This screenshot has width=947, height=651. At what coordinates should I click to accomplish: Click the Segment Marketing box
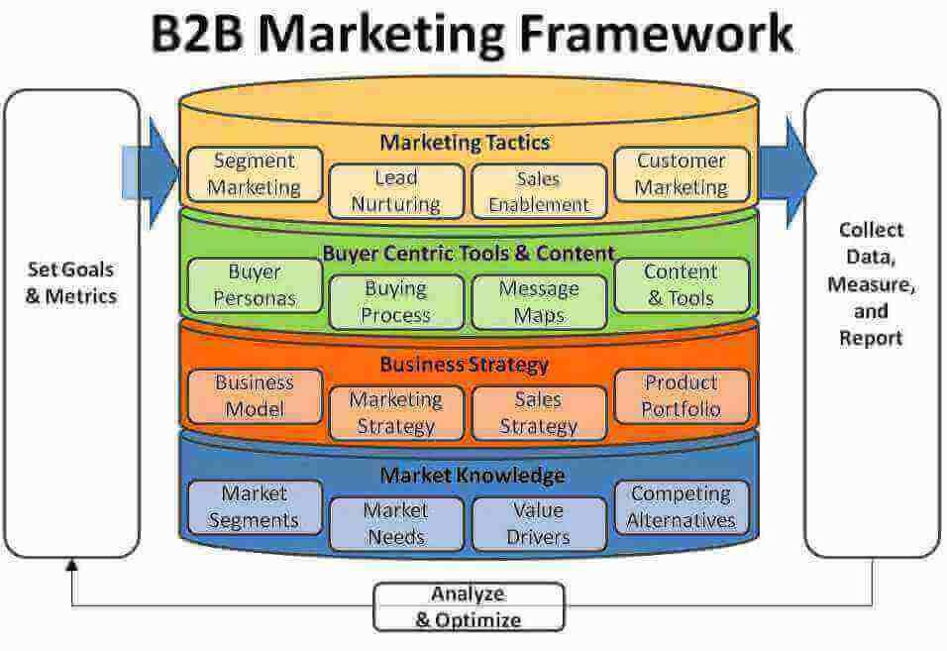click(255, 173)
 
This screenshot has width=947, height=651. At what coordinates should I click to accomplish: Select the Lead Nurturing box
click(395, 191)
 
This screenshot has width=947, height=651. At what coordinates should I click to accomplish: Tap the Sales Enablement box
click(538, 191)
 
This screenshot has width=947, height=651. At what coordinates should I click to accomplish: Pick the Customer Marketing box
click(681, 173)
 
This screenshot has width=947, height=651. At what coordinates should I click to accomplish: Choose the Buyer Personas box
click(255, 284)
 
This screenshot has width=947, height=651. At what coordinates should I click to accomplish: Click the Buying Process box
click(395, 302)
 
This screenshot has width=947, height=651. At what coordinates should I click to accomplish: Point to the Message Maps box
click(538, 302)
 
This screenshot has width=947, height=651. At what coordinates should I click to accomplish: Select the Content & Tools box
click(681, 284)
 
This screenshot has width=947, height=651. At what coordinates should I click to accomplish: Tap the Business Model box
click(255, 395)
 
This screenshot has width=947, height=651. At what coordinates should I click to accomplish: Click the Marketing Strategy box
click(395, 413)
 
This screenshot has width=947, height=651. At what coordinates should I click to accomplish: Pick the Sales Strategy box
click(538, 413)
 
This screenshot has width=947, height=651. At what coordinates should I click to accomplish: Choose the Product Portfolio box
click(681, 395)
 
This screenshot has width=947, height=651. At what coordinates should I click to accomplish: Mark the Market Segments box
click(255, 506)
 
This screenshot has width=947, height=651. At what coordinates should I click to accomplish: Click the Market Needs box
click(395, 524)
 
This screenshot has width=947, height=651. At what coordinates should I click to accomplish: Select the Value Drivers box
click(538, 524)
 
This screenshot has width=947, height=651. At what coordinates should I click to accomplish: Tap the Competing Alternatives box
click(683, 506)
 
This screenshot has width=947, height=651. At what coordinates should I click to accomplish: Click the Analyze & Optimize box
click(468, 607)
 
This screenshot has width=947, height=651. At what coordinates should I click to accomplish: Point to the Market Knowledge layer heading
click(472, 476)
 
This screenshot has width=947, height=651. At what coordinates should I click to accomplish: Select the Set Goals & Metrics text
click(71, 282)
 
